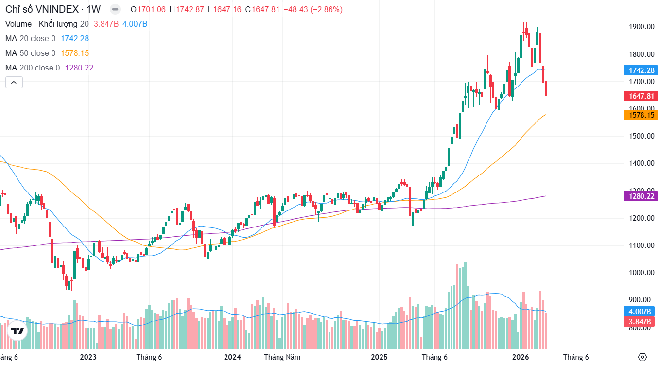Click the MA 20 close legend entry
[30, 38]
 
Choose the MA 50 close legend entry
[30, 53]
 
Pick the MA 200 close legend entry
[32, 68]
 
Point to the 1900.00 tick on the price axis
[641, 27]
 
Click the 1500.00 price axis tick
[641, 136]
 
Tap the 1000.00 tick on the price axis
[641, 273]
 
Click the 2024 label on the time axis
[232, 357]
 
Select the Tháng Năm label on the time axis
[282, 357]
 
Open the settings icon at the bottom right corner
[643, 357]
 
